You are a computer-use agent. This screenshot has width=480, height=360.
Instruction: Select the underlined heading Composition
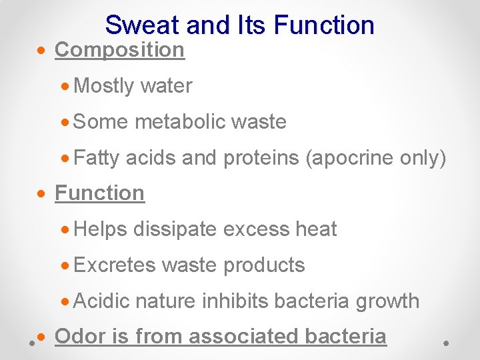point(119,50)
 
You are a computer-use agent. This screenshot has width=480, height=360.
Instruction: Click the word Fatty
point(97,158)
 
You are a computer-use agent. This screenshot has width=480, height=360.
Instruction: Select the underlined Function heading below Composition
point(99,193)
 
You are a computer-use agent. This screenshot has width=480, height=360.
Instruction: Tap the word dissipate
point(175,229)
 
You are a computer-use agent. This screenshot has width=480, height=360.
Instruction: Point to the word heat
point(317,229)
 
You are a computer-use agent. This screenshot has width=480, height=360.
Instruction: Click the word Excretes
point(115,265)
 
